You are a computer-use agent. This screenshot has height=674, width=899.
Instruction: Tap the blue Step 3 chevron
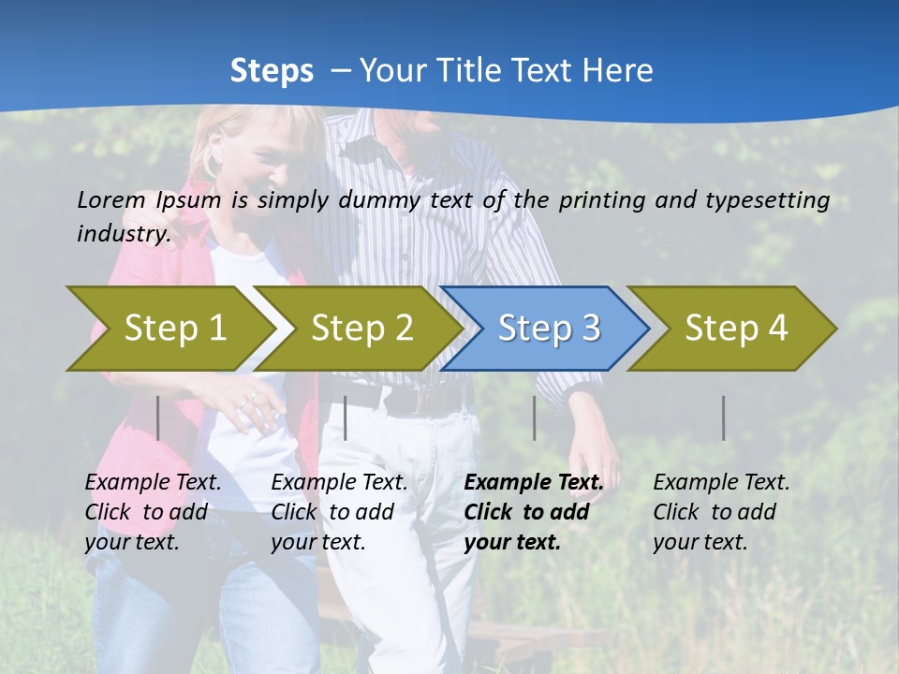coord(548,329)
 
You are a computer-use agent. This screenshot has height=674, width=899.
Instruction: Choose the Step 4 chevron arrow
coord(735,329)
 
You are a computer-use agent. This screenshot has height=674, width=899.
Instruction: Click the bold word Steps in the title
coord(272,70)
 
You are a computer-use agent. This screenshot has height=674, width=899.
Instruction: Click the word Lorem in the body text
coord(111,199)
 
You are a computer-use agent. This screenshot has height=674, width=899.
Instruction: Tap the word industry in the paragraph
coord(123,234)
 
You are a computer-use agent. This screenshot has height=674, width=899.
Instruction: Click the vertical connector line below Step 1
coord(158,418)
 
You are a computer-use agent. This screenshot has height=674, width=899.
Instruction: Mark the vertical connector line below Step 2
coord(346,418)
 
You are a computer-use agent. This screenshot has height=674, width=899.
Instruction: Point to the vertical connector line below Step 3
coord(534,418)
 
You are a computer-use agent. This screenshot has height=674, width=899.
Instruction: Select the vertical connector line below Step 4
coord(723,418)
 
